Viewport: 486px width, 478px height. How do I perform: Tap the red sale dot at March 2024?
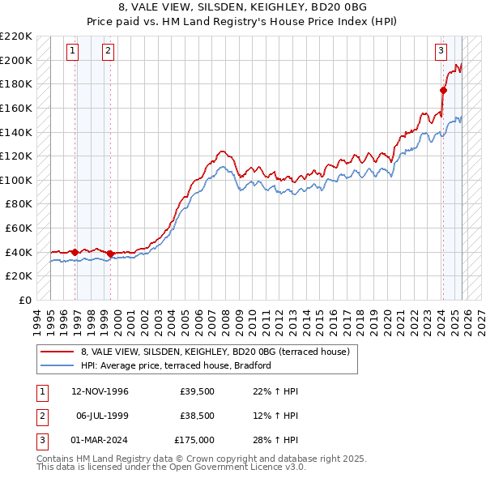tap(444, 90)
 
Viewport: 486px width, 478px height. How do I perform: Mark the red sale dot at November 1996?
tap(75, 252)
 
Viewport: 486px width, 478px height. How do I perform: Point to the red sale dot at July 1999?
tap(111, 254)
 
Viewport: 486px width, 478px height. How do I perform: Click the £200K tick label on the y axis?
tap(16, 60)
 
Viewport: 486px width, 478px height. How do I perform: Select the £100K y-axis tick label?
tap(16, 180)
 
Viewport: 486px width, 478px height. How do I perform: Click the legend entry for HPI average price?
tap(175, 365)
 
